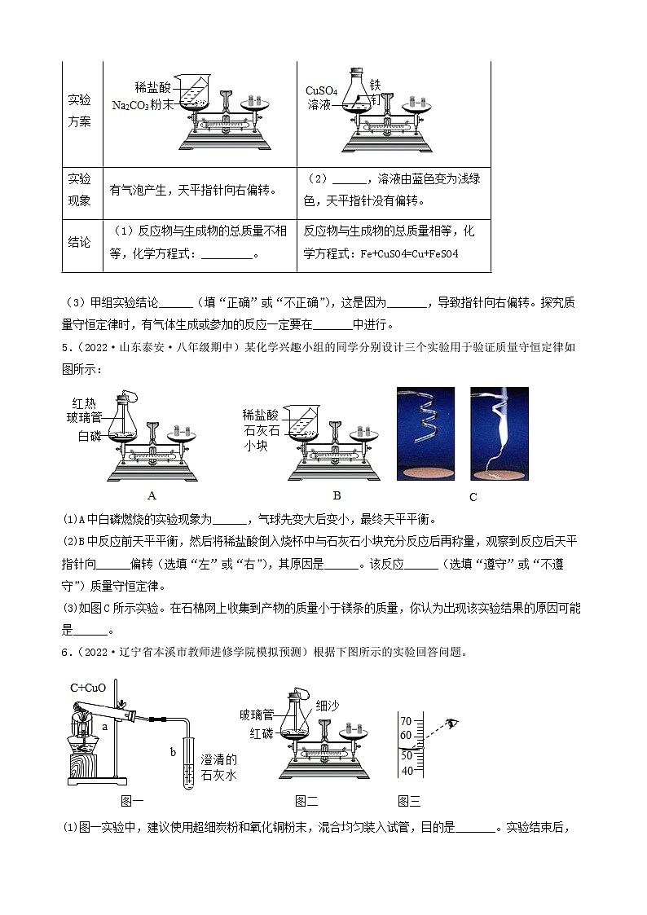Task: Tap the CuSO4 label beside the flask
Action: pos(321,90)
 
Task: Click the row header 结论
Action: pos(79,243)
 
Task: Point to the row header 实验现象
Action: pos(79,189)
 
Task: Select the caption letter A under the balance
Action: pos(151,495)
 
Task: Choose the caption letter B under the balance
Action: pos(337,495)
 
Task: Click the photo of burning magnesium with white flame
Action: pos(499,433)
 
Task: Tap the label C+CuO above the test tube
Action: pos(88,688)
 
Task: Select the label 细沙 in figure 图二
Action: pos(327,706)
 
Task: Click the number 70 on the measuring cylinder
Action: pos(407,719)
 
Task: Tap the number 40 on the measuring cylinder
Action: pos(407,770)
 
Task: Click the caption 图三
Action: pos(409,802)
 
